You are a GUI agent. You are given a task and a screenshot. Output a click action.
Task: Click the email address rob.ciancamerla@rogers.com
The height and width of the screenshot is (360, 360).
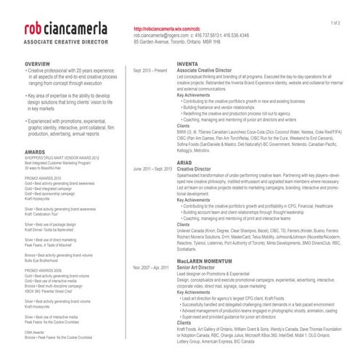[161, 35]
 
